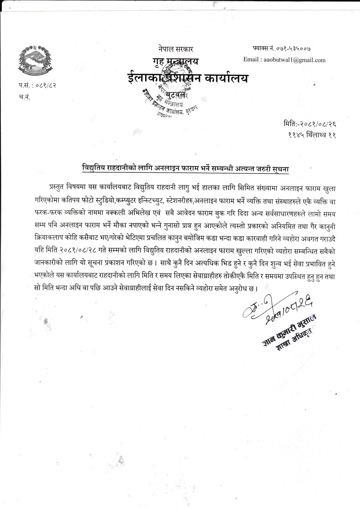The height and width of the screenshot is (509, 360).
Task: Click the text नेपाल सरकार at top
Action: pyautogui.click(x=175, y=49)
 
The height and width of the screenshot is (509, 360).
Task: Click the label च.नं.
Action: pyautogui.click(x=25, y=97)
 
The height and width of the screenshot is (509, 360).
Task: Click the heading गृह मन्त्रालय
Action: pyautogui.click(x=175, y=62)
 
